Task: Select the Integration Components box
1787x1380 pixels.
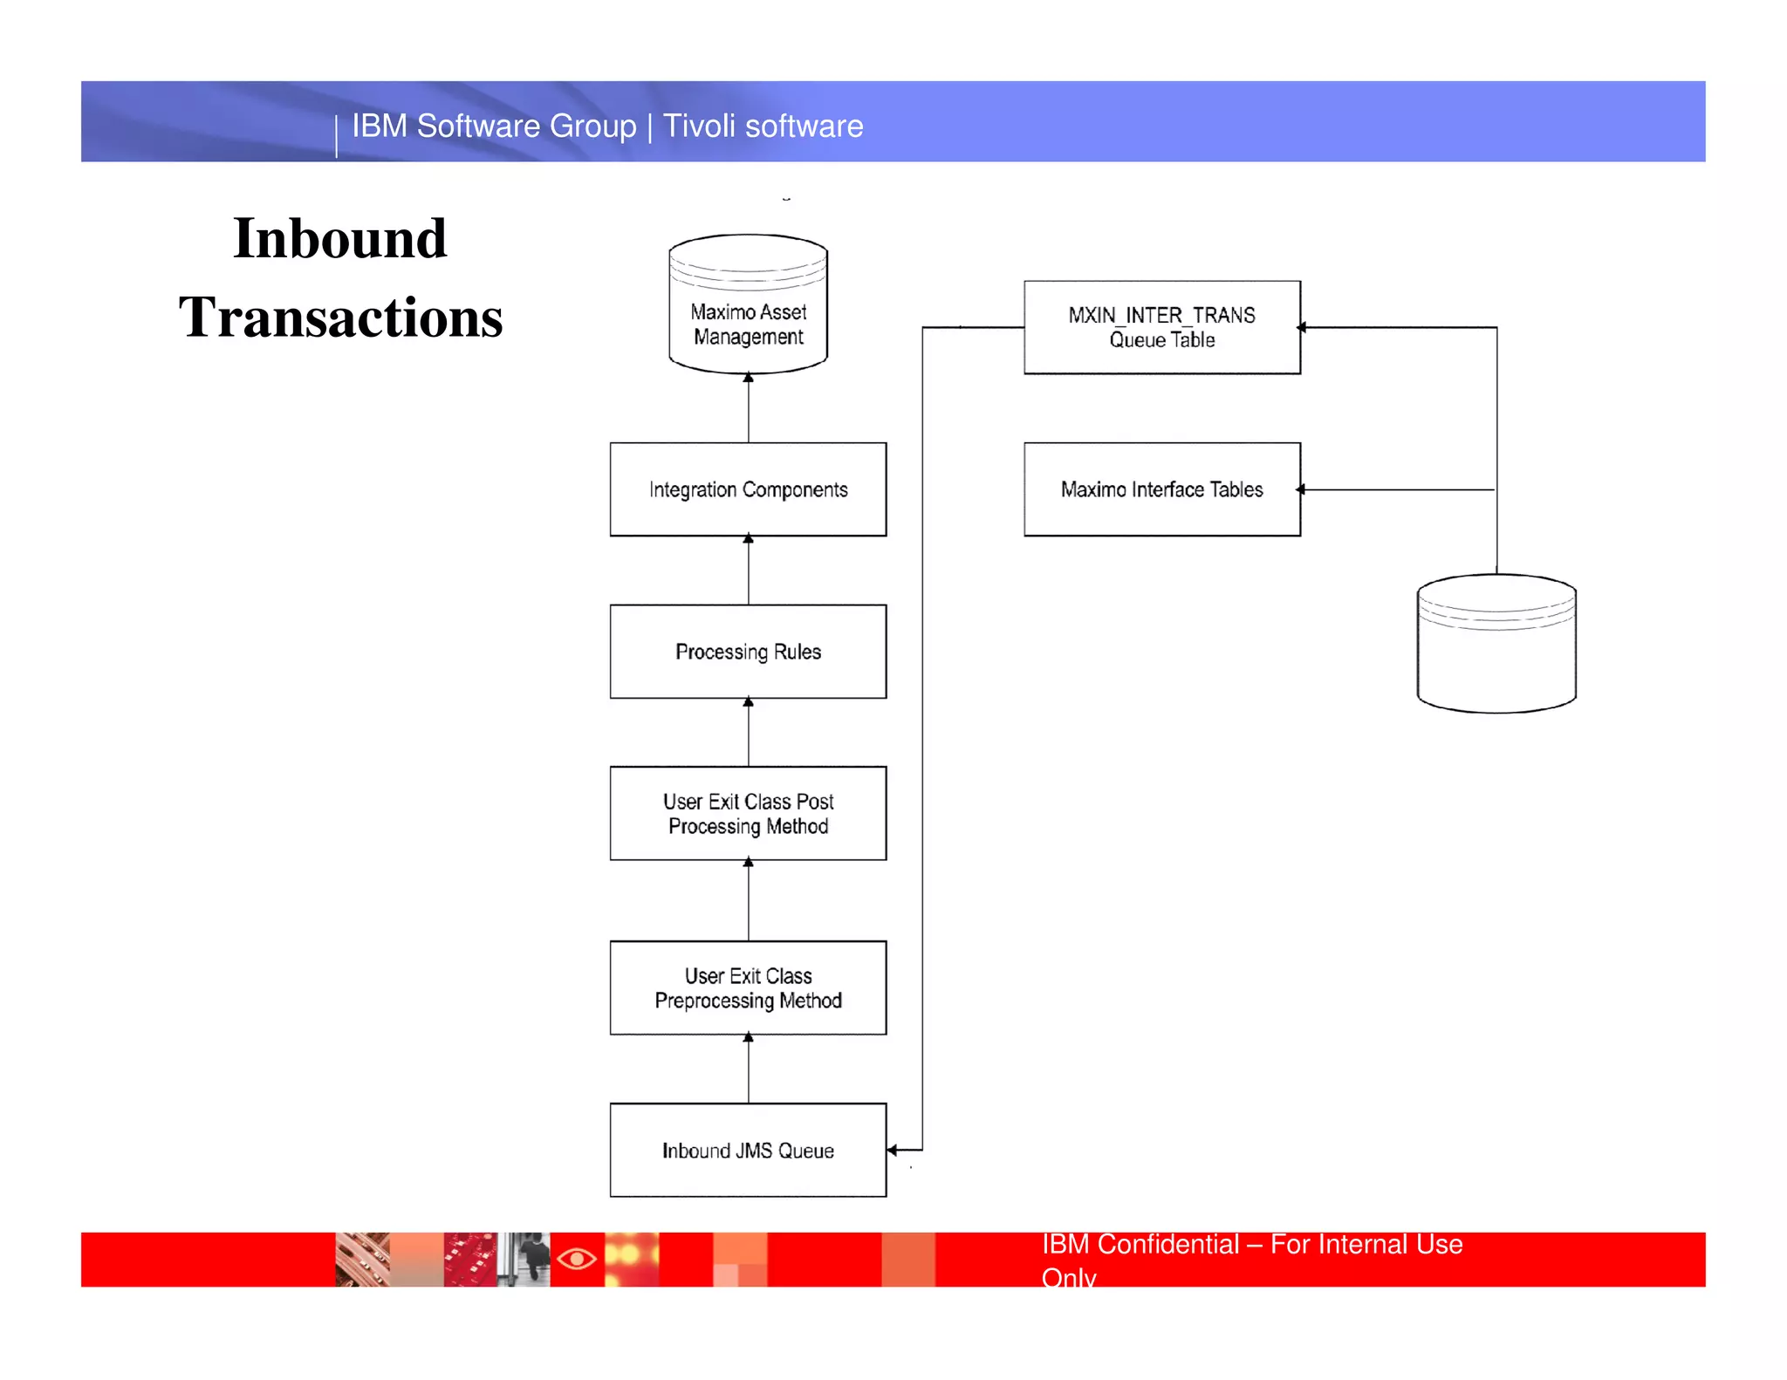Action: [x=748, y=489]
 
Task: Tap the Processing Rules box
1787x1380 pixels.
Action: [x=748, y=652]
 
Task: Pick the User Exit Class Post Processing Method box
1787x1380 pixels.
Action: [x=748, y=813]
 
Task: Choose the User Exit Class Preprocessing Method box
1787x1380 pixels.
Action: [x=748, y=987]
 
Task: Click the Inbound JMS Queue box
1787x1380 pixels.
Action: [x=748, y=1150]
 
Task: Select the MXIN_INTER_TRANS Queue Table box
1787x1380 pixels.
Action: [x=1161, y=327]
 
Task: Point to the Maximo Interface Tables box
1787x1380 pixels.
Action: [x=1161, y=489]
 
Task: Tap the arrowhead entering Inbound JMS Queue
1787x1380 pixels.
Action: [x=893, y=1150]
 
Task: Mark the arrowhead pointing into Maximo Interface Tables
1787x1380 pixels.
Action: [x=1301, y=489]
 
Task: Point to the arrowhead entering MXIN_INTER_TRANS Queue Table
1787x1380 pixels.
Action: [x=1301, y=327]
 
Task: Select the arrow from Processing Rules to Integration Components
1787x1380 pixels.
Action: [x=748, y=570]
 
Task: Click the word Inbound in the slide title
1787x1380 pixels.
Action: [x=340, y=238]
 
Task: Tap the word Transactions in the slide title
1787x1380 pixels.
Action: [x=340, y=317]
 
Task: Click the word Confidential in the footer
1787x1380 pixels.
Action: [x=1167, y=1244]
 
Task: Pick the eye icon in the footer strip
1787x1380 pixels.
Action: [x=577, y=1259]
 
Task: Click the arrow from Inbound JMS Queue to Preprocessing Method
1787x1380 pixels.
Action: [x=748, y=1069]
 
